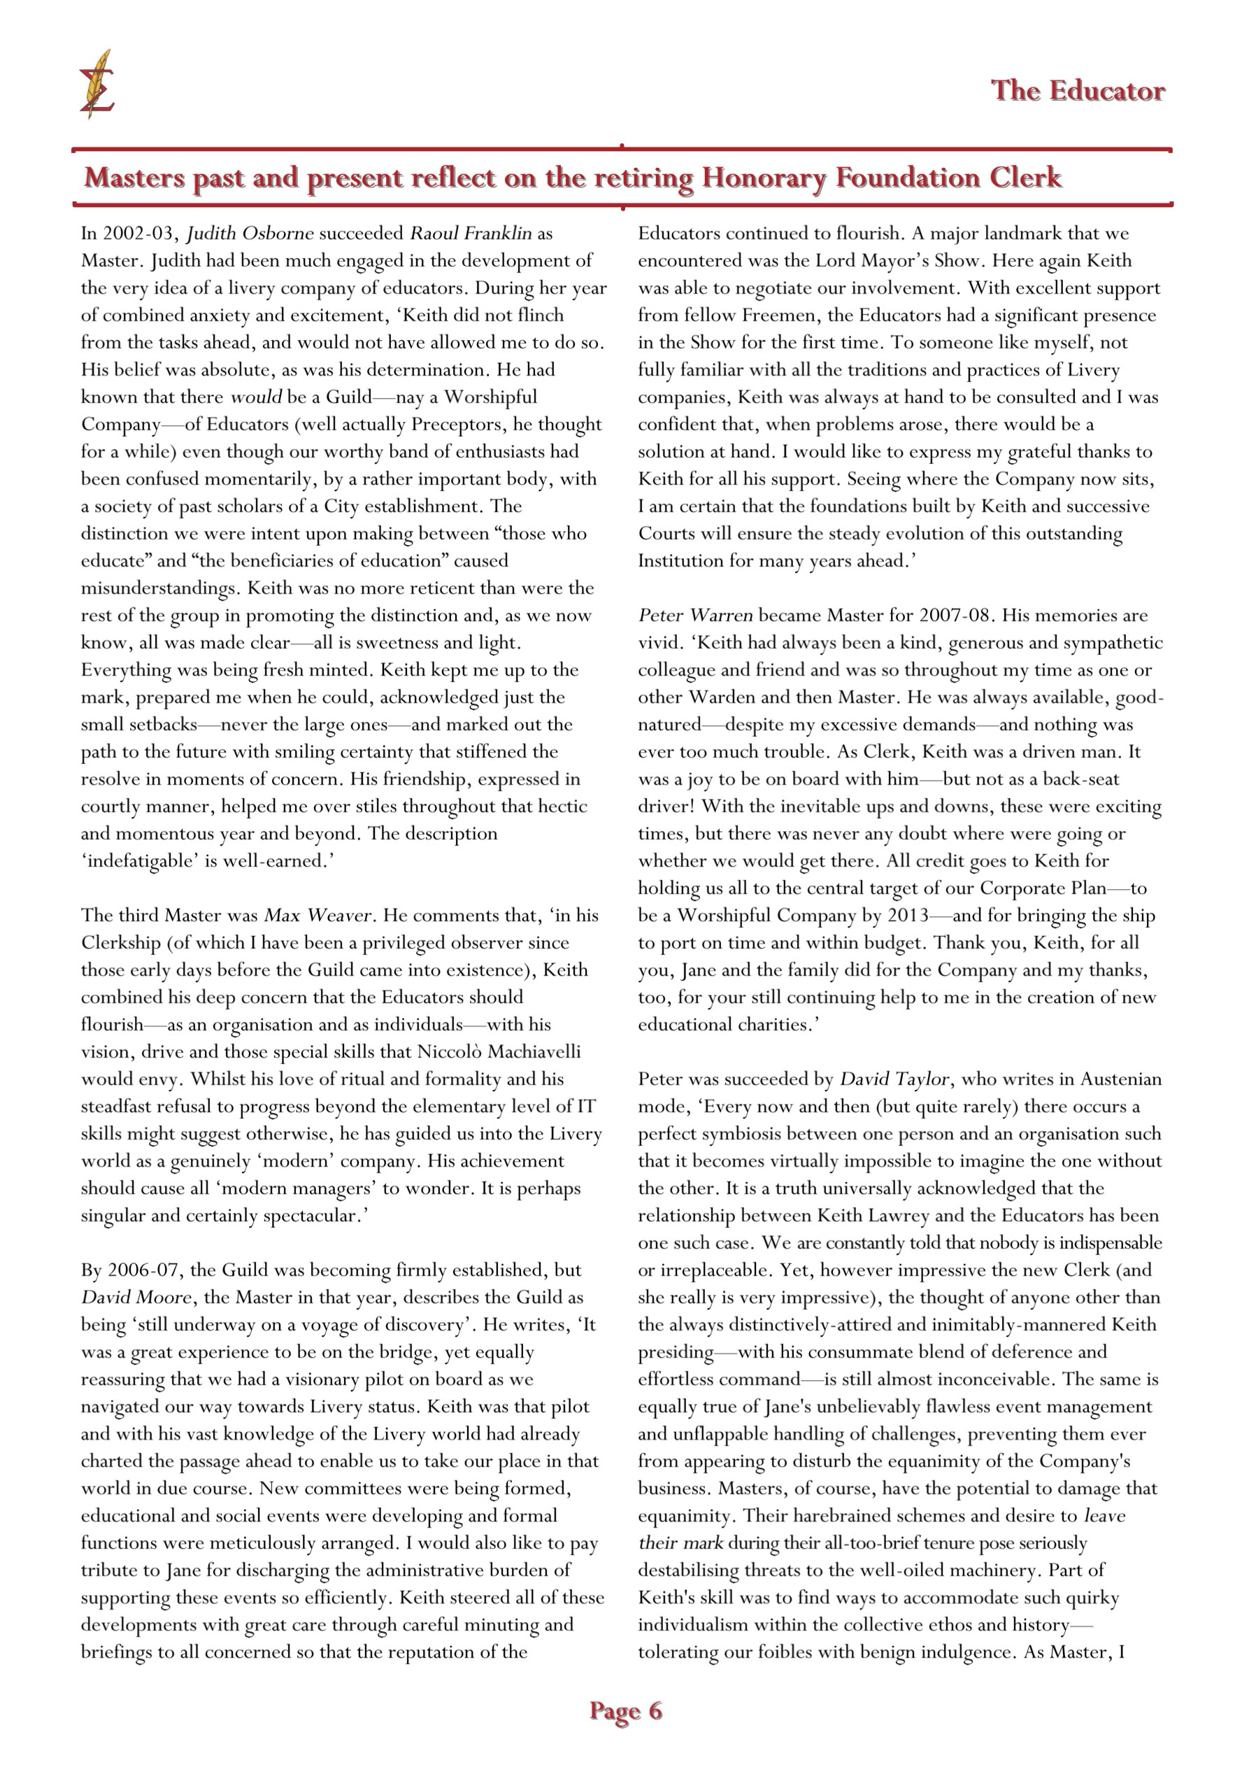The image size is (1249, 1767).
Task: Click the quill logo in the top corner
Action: [97, 85]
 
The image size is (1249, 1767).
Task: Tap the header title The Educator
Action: [1078, 91]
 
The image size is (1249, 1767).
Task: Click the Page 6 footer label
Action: [625, 1710]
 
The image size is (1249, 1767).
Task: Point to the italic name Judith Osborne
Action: [250, 233]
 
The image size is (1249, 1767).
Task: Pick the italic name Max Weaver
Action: [317, 916]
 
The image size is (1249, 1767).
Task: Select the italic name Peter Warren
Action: [695, 616]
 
